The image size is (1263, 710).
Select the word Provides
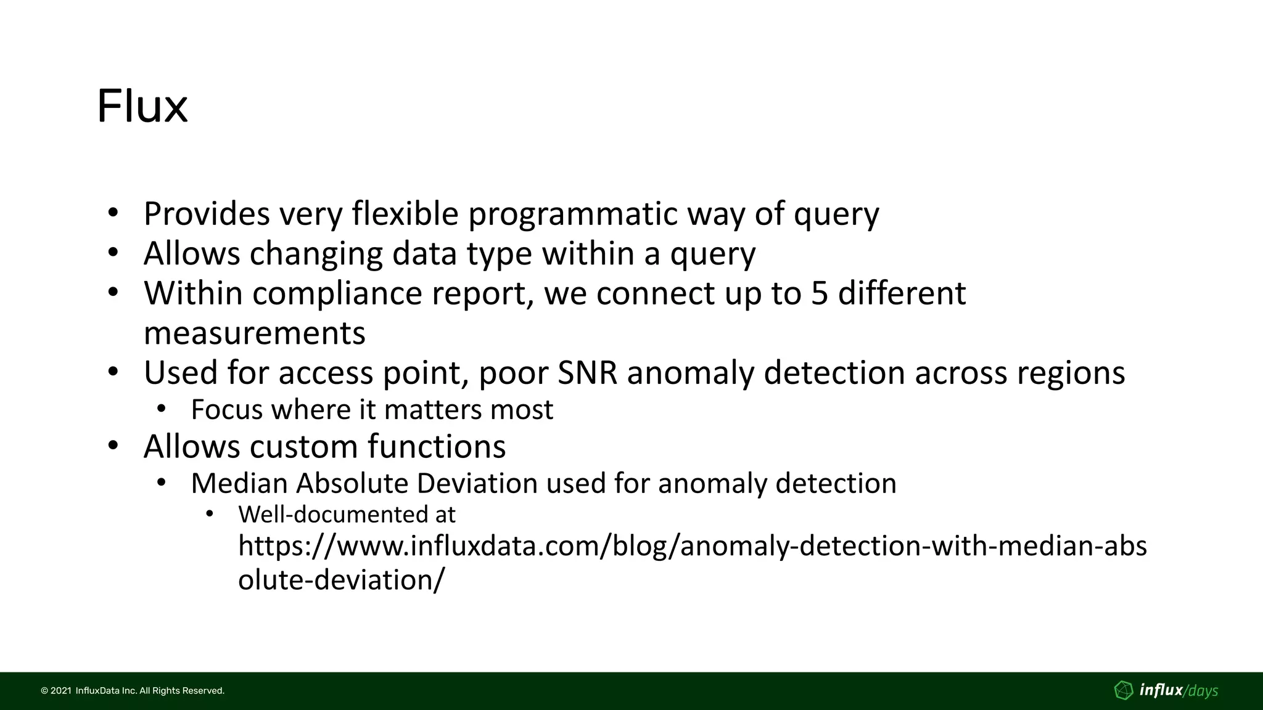coord(206,214)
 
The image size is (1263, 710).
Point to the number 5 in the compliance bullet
coord(819,293)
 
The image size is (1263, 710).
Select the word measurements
coord(254,333)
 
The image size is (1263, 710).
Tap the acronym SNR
coord(587,373)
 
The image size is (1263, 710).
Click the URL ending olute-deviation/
coord(340,580)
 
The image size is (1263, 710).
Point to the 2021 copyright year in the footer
coord(60,691)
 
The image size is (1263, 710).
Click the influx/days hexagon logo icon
coord(1124,690)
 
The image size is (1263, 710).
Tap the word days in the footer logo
coord(1203,691)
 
